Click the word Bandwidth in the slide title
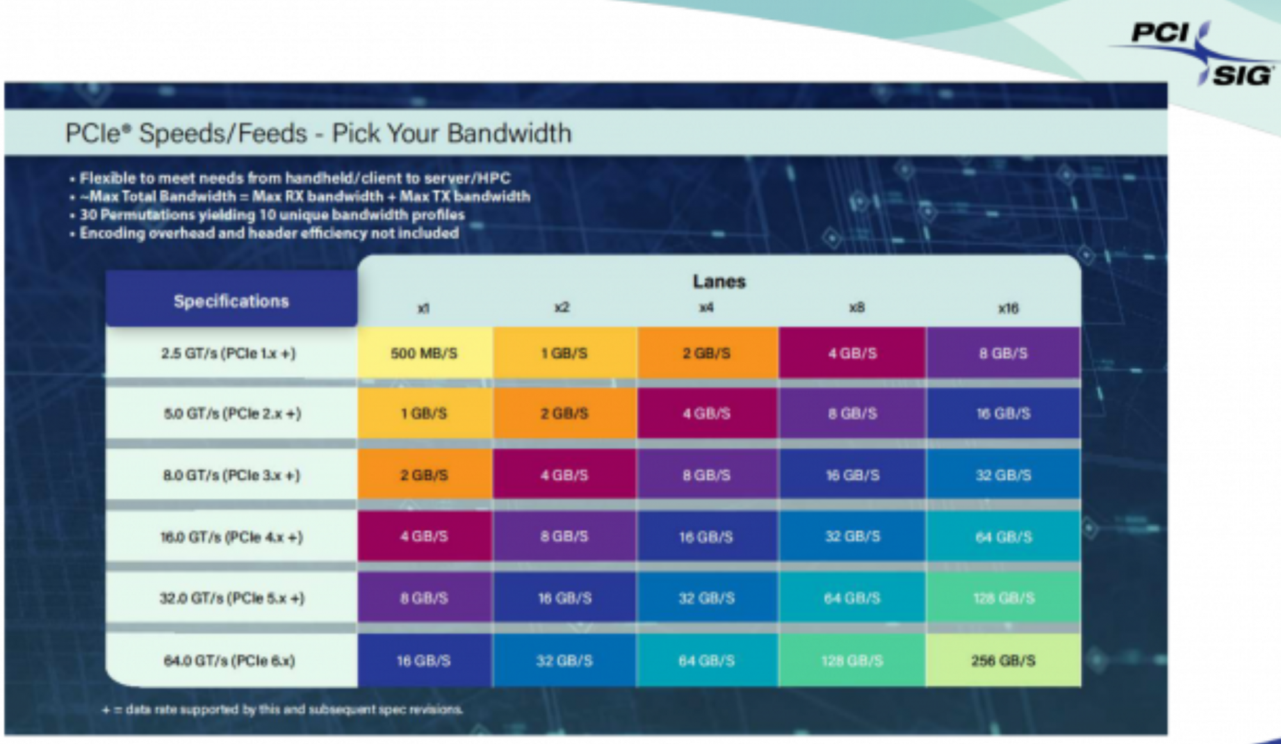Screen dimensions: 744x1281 pyautogui.click(x=510, y=133)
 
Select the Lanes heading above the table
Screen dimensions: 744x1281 pyautogui.click(x=719, y=281)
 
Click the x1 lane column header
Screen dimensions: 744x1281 pyautogui.click(x=423, y=308)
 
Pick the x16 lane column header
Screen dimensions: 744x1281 pyautogui.click(x=1008, y=308)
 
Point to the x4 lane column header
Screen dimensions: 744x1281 pyautogui.click(x=706, y=308)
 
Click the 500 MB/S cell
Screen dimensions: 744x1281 pyautogui.click(x=424, y=353)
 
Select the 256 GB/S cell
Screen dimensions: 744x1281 pyautogui.click(x=1003, y=660)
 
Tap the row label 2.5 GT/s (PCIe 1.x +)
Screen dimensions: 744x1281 pyautogui.click(x=229, y=353)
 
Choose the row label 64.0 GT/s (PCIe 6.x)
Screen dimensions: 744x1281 pyautogui.click(x=229, y=660)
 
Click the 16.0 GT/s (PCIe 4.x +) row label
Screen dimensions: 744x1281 pyautogui.click(x=231, y=537)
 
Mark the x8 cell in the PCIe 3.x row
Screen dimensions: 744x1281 pyautogui.click(x=853, y=474)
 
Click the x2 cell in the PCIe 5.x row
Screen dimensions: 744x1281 pyautogui.click(x=564, y=598)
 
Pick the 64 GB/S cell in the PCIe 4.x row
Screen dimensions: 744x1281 pyautogui.click(x=1003, y=537)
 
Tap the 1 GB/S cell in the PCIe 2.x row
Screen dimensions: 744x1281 pyautogui.click(x=424, y=413)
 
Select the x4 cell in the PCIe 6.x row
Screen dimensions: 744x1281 pyautogui.click(x=706, y=660)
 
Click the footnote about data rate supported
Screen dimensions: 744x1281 pyautogui.click(x=282, y=709)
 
